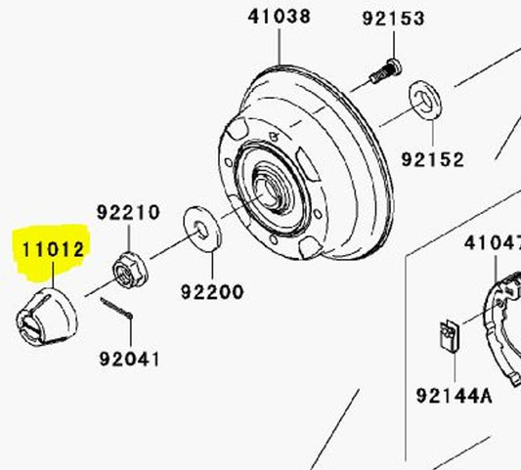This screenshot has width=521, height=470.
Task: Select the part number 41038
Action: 280,17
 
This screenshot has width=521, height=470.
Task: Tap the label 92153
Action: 393,19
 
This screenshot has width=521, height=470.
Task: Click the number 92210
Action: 128,212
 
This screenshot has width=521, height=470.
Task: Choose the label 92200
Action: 212,291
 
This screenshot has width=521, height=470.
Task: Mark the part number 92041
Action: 129,359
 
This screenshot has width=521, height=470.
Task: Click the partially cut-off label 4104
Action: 492,242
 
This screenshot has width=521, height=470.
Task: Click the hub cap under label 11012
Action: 48,317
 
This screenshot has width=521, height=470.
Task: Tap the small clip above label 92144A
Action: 445,336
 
